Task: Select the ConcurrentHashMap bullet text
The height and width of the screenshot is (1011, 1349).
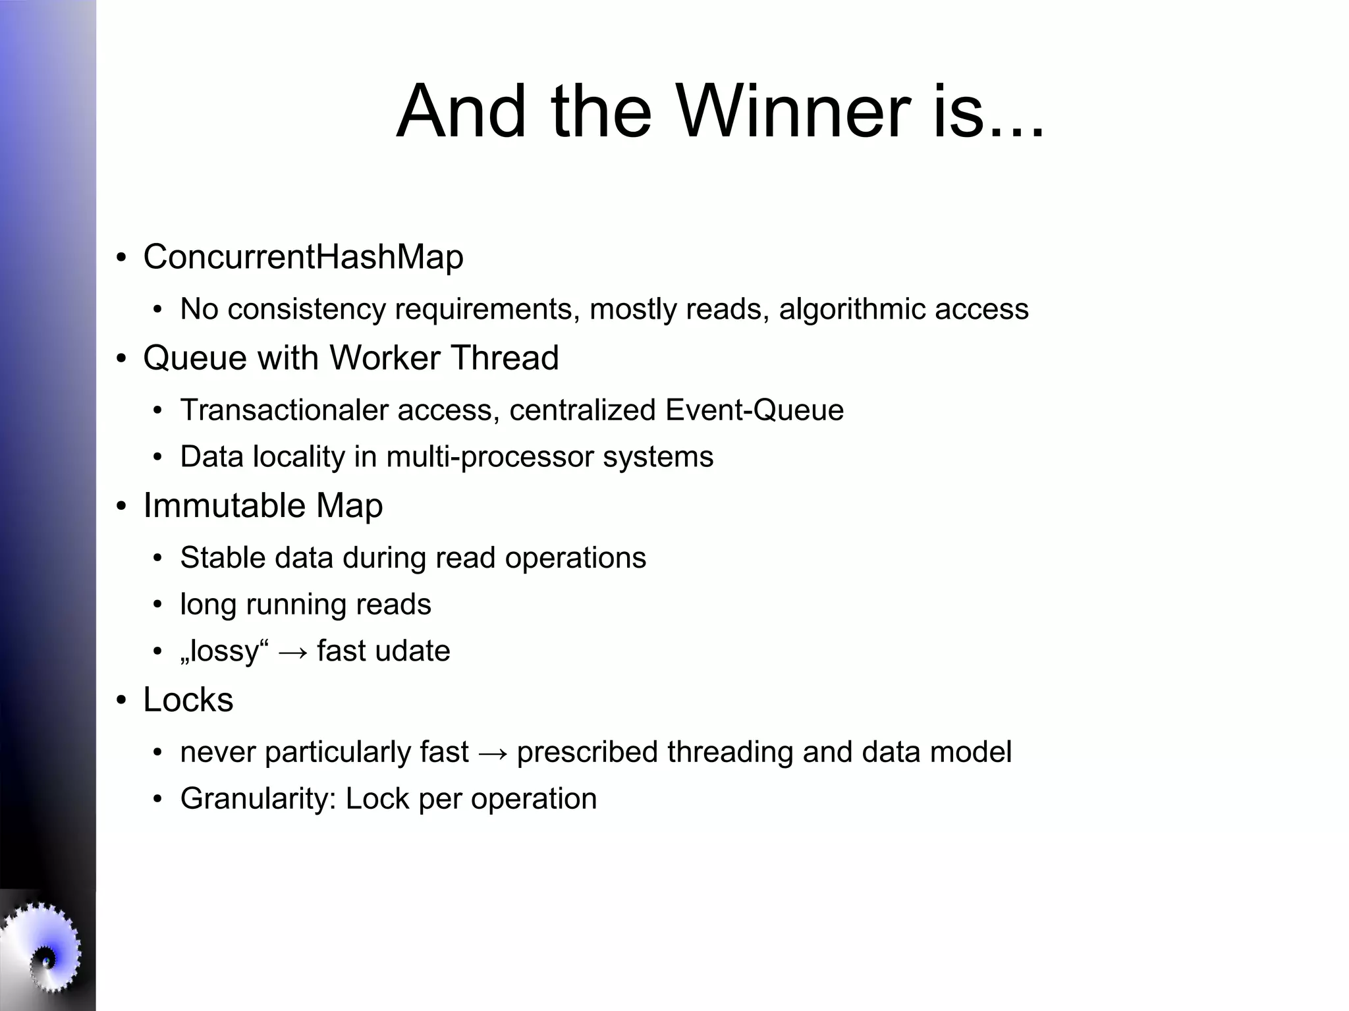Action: pyautogui.click(x=303, y=257)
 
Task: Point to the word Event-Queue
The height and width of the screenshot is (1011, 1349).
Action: pyautogui.click(x=754, y=410)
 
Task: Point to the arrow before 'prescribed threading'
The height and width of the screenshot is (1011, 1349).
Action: pyautogui.click(x=493, y=753)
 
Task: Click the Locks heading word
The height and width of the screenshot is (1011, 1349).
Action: pyautogui.click(x=188, y=700)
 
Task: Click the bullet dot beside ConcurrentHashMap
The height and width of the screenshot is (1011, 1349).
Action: pyautogui.click(x=121, y=258)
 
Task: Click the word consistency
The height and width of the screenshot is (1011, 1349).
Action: pyautogui.click(x=306, y=310)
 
